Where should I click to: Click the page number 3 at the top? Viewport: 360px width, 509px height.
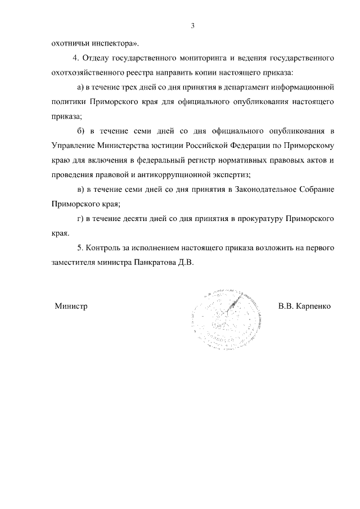pyautogui.click(x=192, y=25)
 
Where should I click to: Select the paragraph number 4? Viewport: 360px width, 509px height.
pyautogui.click(x=76, y=58)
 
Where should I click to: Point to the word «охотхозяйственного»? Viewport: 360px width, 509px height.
pyautogui.click(x=84, y=73)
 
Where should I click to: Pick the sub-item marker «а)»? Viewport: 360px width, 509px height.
pyautogui.click(x=80, y=88)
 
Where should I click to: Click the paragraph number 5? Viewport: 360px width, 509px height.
pyautogui.click(x=79, y=248)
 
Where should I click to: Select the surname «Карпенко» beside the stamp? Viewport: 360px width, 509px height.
pyautogui.click(x=314, y=307)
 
